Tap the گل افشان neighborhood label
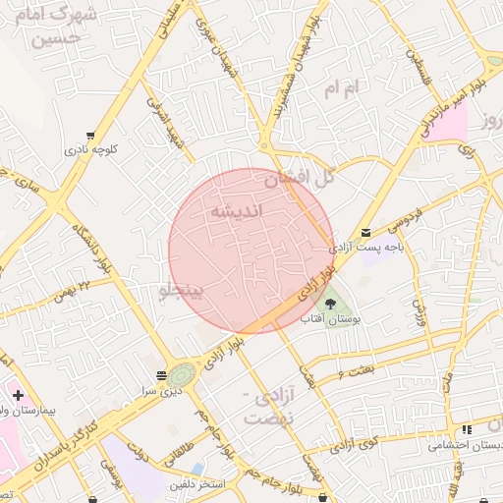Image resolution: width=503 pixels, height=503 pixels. (300, 179)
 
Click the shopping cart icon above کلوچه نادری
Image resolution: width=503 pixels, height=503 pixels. (90, 136)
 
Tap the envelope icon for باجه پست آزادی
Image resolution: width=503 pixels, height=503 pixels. (366, 233)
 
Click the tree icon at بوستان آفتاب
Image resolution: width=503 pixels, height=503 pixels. (330, 304)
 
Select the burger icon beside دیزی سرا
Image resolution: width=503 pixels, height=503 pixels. (160, 375)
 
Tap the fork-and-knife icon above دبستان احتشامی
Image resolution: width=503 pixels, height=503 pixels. (467, 429)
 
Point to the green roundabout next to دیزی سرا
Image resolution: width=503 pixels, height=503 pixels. (182, 374)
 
